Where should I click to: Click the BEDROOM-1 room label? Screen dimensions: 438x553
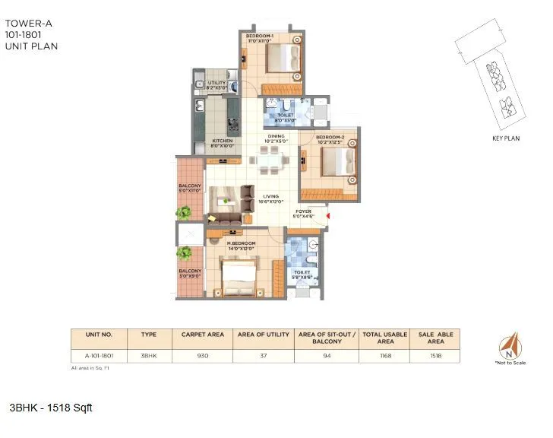click(x=260, y=36)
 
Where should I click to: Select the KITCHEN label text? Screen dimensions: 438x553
click(x=222, y=141)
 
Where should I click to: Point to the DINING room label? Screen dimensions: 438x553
click(x=276, y=137)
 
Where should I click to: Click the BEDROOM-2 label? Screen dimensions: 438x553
click(x=330, y=137)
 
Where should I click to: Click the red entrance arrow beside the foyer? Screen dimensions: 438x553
click(x=327, y=215)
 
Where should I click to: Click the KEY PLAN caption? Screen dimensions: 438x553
click(x=505, y=139)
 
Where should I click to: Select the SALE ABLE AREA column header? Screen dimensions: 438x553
click(x=434, y=338)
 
